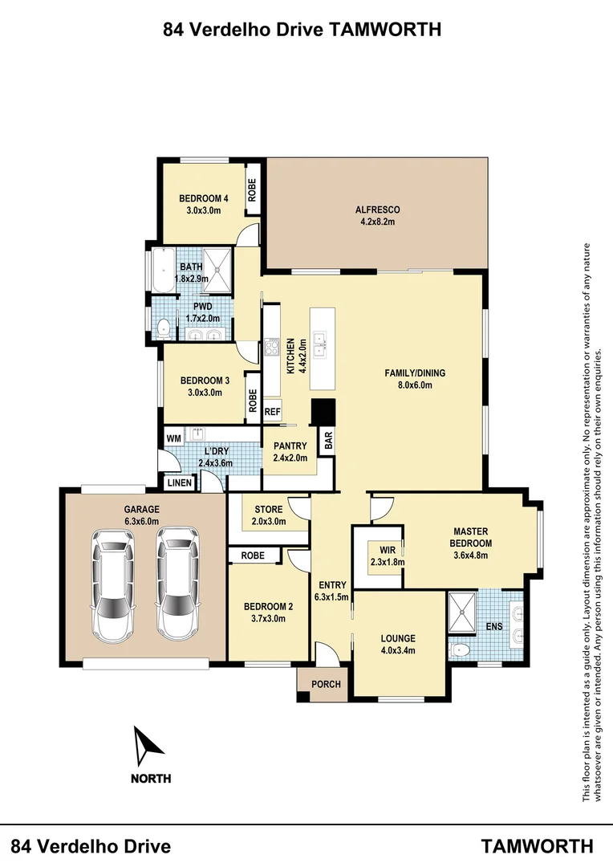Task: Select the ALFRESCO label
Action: (x=377, y=210)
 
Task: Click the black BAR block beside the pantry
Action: (x=323, y=413)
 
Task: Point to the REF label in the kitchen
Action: (x=272, y=412)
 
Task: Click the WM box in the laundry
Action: (x=173, y=438)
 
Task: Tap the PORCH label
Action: (x=326, y=685)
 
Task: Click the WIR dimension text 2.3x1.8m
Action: (x=387, y=562)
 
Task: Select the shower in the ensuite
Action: (x=462, y=610)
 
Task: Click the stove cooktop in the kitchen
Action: (x=271, y=349)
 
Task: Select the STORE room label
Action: (x=268, y=509)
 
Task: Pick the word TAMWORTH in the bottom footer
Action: (x=538, y=846)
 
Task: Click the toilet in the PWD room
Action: (x=164, y=326)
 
